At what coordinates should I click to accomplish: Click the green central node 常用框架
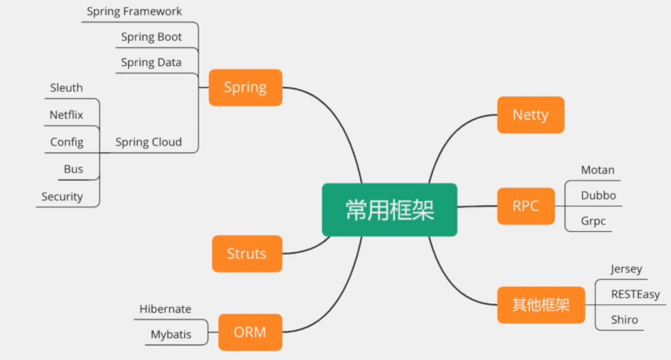click(x=389, y=210)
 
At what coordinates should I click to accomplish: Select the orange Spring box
click(x=245, y=87)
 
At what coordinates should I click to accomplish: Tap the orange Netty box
click(x=530, y=115)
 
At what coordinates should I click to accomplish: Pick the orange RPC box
click(x=525, y=206)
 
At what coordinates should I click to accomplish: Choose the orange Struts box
click(x=247, y=254)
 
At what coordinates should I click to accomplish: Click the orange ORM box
click(x=250, y=332)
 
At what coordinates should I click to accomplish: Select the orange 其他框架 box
click(x=541, y=305)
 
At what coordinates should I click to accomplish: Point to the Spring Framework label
click(x=134, y=12)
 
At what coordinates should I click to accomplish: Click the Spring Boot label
click(x=151, y=37)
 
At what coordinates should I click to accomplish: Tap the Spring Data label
click(x=151, y=62)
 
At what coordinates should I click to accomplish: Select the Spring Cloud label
click(x=149, y=142)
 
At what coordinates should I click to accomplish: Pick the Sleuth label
click(x=66, y=88)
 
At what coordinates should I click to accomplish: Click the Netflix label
click(x=66, y=115)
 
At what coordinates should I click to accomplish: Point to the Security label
click(x=62, y=197)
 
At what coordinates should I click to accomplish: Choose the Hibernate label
click(x=165, y=309)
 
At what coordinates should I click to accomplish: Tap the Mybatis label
click(x=171, y=335)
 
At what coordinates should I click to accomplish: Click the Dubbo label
click(x=598, y=196)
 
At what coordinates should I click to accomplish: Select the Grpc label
click(x=593, y=221)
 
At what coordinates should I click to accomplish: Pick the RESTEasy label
click(x=635, y=294)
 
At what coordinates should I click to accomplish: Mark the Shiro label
click(x=624, y=320)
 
